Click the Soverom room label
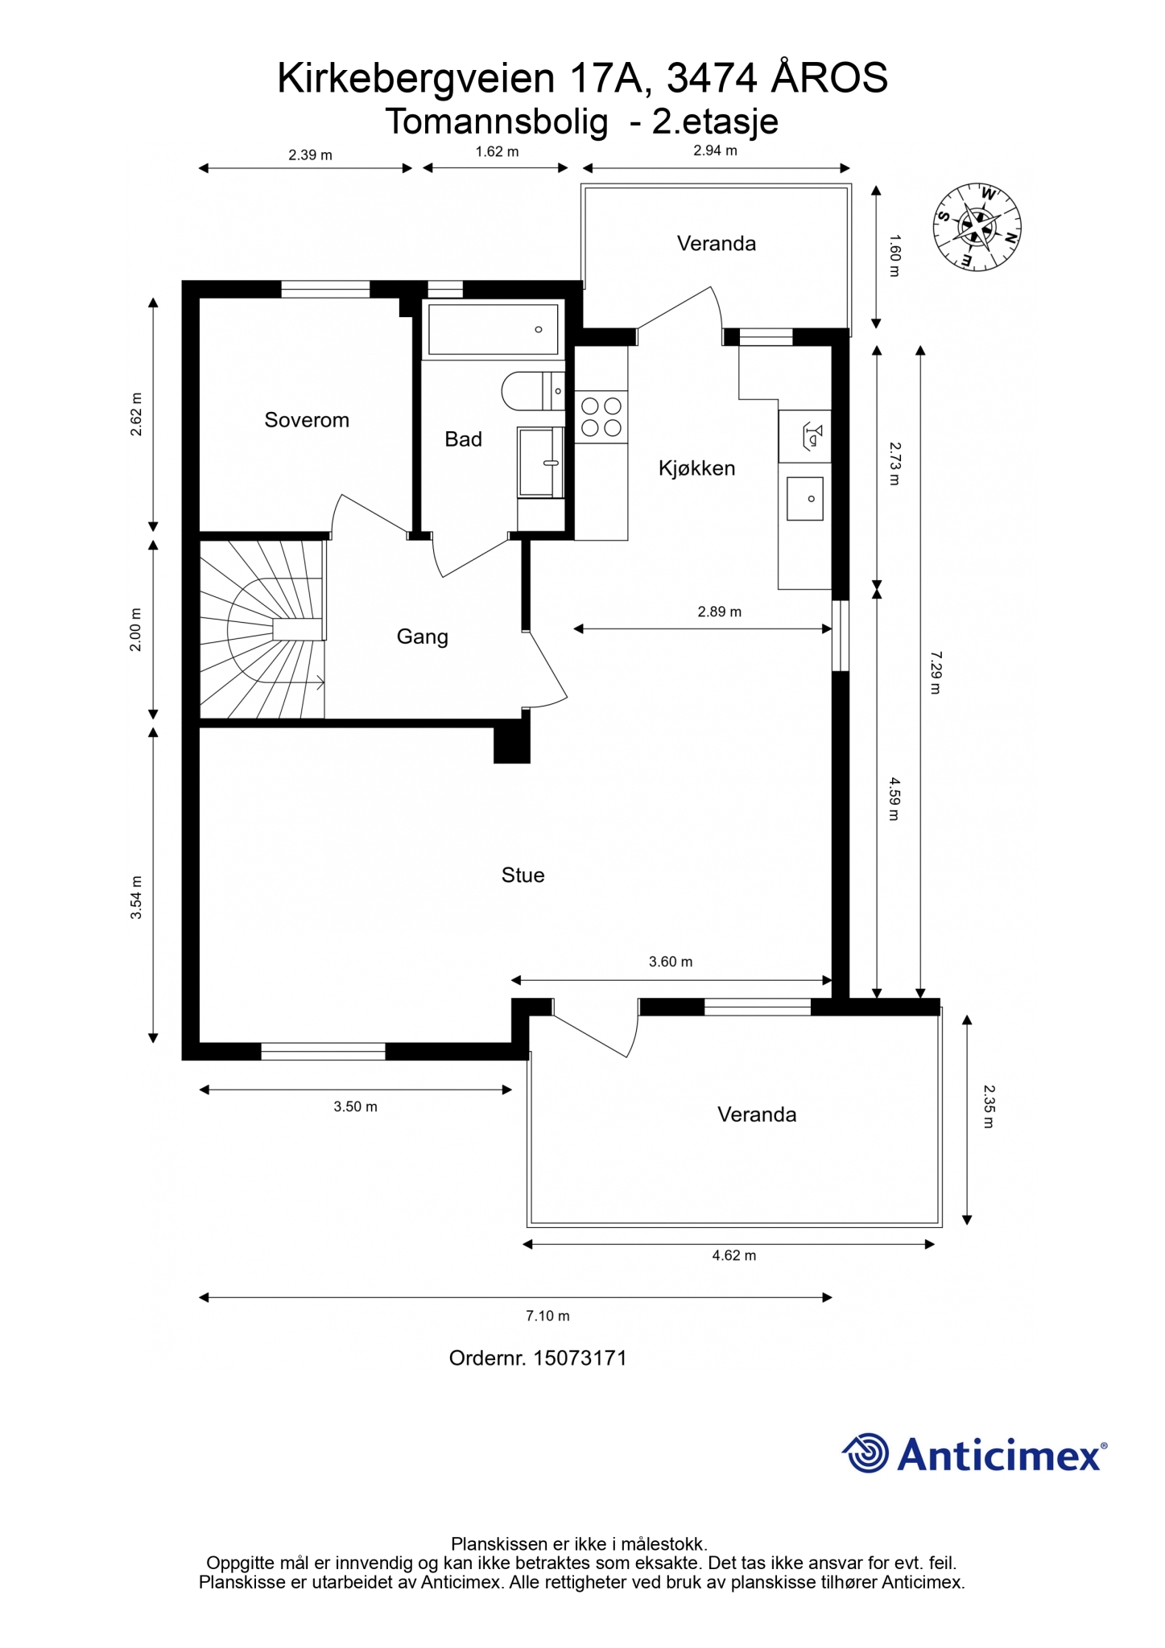pos(307,420)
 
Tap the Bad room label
pos(463,439)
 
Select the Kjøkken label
pos(696,468)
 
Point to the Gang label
pos(422,637)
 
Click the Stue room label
pos(523,875)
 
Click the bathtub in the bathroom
pos(493,329)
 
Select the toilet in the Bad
pos(532,392)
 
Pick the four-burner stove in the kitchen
pos(601,416)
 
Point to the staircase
pos(262,628)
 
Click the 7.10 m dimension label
pos(547,1316)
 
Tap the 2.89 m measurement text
pos(719,612)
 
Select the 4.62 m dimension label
pos(733,1255)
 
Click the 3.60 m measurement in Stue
pos(671,962)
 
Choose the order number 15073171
pos(580,1358)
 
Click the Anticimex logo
pos(974,1454)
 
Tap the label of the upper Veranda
pos(717,244)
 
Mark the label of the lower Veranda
pos(757,1114)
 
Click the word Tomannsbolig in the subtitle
pos(497,122)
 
